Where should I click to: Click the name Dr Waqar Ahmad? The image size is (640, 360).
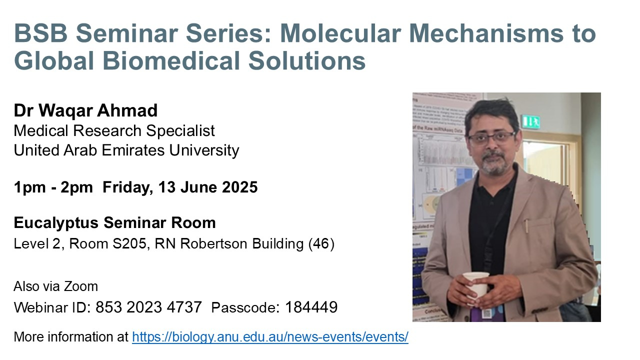[85, 110]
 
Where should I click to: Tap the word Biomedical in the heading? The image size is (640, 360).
[171, 60]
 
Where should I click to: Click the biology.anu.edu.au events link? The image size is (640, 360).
[270, 337]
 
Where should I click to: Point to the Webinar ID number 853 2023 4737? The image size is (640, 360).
[148, 307]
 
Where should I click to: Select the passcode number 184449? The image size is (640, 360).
[311, 307]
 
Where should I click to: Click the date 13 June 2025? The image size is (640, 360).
[207, 187]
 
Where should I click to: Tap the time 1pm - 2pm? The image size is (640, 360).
[53, 187]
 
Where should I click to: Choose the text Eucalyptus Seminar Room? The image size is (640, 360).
[114, 222]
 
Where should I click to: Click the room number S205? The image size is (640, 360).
[129, 243]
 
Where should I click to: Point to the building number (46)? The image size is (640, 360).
[321, 243]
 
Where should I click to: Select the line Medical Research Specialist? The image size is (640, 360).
[114, 131]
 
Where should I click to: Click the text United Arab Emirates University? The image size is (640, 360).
[126, 150]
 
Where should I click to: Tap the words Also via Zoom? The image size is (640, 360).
[55, 286]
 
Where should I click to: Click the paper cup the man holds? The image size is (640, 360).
[476, 287]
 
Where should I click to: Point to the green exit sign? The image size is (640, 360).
[530, 122]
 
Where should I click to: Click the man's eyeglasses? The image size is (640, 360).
[491, 138]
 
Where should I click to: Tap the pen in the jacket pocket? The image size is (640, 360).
[526, 225]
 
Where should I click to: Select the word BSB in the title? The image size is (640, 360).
[40, 33]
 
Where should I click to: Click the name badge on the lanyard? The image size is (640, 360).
[487, 313]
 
